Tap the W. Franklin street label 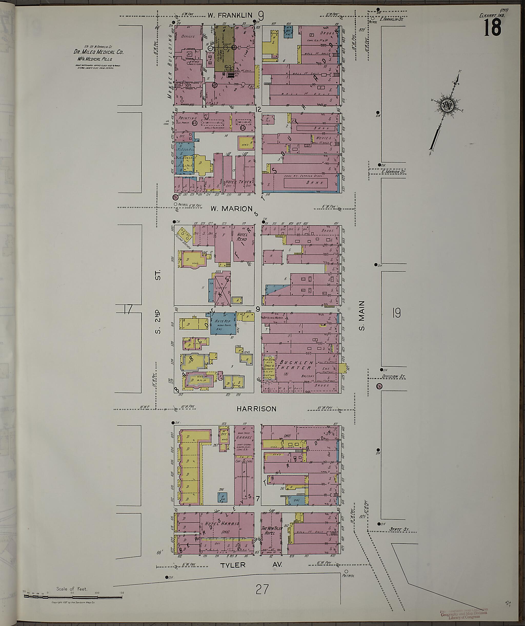point(230,15)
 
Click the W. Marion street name point(231,209)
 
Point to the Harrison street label point(256,409)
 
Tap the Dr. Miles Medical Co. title point(98,52)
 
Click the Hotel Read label point(242,237)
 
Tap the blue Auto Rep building point(223,324)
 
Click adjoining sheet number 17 point(128,309)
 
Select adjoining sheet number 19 point(396,313)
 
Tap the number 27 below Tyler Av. point(262,581)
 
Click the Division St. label point(394,377)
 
